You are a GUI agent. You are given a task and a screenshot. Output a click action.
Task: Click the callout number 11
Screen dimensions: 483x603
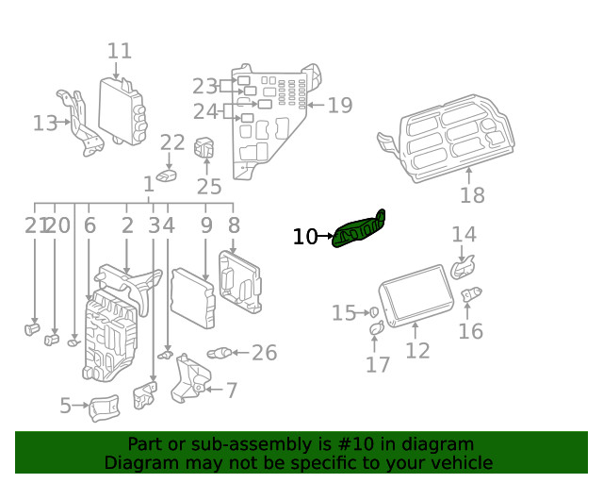coord(119,51)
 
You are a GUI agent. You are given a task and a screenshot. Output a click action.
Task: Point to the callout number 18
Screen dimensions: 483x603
coord(472,195)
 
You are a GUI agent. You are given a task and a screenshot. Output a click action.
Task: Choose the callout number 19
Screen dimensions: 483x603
coord(339,105)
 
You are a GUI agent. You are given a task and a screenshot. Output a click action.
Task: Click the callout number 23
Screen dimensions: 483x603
coord(204,85)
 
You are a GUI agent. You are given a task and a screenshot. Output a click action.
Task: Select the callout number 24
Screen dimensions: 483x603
coord(204,111)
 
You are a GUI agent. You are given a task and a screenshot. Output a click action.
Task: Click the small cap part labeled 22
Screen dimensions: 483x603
coord(168,175)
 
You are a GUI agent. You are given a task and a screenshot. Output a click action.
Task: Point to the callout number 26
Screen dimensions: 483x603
coord(264,353)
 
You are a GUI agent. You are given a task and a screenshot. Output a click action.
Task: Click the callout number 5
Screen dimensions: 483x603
coord(65,407)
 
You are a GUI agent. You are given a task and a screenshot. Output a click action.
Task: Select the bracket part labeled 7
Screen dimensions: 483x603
coord(191,378)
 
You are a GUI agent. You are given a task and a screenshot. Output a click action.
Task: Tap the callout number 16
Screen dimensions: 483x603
coord(470,330)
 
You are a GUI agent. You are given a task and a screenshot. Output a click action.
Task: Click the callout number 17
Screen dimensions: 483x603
coord(378,364)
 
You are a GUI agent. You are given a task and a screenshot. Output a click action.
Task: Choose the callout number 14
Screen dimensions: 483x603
coord(464,234)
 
